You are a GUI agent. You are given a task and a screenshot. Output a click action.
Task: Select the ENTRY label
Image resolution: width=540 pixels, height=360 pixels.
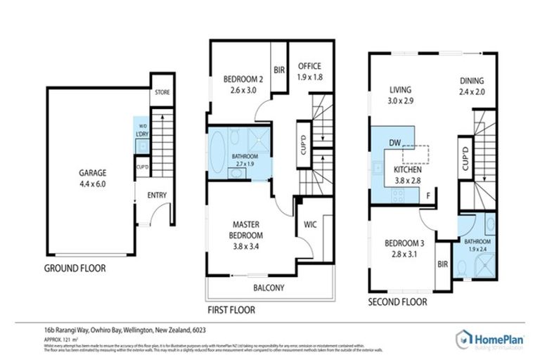(x=156, y=196)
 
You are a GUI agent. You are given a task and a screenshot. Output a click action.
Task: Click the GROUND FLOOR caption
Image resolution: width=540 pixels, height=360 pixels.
(x=75, y=269)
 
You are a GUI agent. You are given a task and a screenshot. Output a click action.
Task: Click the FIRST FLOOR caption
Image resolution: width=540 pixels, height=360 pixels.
(x=231, y=309)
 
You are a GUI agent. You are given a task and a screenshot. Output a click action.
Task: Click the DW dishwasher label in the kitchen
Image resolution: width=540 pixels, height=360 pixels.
(x=395, y=143)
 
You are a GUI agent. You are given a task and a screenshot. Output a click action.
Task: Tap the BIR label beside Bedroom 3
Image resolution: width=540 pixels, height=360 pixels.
(x=443, y=265)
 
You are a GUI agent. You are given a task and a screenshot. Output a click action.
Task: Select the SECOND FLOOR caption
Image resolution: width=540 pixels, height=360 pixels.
(x=398, y=302)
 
